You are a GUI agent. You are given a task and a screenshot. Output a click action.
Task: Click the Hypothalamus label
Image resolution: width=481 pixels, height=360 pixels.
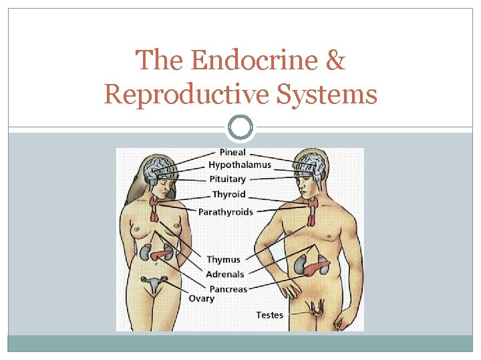[x=240, y=165]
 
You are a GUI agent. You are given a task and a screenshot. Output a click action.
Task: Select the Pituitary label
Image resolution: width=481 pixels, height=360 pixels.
[x=227, y=179]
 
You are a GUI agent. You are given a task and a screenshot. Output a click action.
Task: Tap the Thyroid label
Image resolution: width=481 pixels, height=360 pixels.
[x=228, y=195]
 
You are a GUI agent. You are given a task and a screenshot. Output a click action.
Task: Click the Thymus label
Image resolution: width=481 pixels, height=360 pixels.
[x=223, y=259]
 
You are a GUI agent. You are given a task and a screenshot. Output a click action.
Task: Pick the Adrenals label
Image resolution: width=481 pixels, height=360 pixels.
[x=225, y=274]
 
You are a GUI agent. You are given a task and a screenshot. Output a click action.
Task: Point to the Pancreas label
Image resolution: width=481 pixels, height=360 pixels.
[x=228, y=289]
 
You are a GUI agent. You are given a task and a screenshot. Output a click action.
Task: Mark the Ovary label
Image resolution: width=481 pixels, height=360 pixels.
[x=201, y=299]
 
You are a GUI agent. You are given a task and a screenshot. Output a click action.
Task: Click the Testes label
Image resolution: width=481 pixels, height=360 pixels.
[x=270, y=315]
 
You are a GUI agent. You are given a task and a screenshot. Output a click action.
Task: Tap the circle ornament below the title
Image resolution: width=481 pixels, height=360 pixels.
[x=240, y=127]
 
